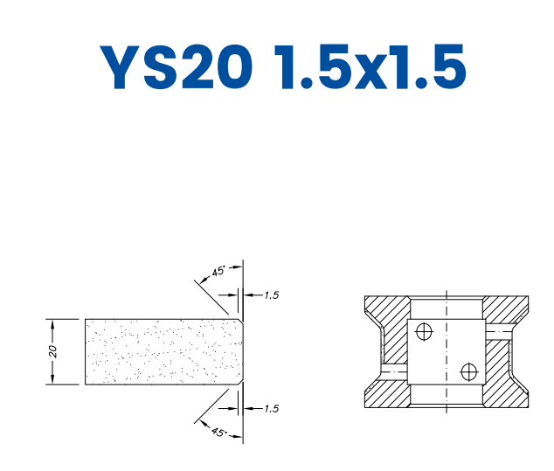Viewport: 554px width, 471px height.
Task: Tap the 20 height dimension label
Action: [x=53, y=351]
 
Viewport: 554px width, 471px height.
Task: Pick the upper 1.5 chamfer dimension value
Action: [x=271, y=295]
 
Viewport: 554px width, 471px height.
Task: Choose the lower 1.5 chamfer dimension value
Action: [x=271, y=408]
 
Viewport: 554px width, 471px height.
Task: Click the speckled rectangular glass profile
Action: [x=162, y=351]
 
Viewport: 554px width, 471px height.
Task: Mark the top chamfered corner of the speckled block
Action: [x=239, y=321]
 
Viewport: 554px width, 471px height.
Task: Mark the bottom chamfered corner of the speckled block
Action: [x=239, y=382]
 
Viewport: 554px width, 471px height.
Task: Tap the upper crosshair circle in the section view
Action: [x=425, y=331]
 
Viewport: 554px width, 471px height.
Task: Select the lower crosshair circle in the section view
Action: [x=468, y=371]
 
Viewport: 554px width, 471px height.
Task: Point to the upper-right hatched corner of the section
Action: [x=507, y=308]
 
